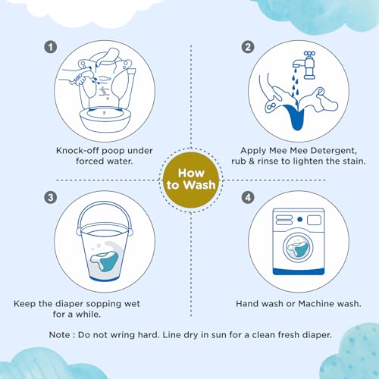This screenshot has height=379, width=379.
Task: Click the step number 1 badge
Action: point(51,47)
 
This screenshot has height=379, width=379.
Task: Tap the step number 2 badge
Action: point(248,47)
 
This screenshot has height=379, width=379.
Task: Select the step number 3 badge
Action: point(51,197)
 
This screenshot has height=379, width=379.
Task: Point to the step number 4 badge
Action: point(248,197)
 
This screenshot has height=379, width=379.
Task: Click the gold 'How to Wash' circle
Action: point(191,180)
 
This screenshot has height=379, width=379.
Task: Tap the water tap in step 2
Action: point(305,65)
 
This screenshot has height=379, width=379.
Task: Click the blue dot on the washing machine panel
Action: point(300,219)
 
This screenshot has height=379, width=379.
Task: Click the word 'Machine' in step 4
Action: point(312,303)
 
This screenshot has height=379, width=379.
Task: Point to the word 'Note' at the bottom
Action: point(59,335)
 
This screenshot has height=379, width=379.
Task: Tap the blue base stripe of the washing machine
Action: point(299,271)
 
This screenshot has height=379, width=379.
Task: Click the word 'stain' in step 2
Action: point(354,161)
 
